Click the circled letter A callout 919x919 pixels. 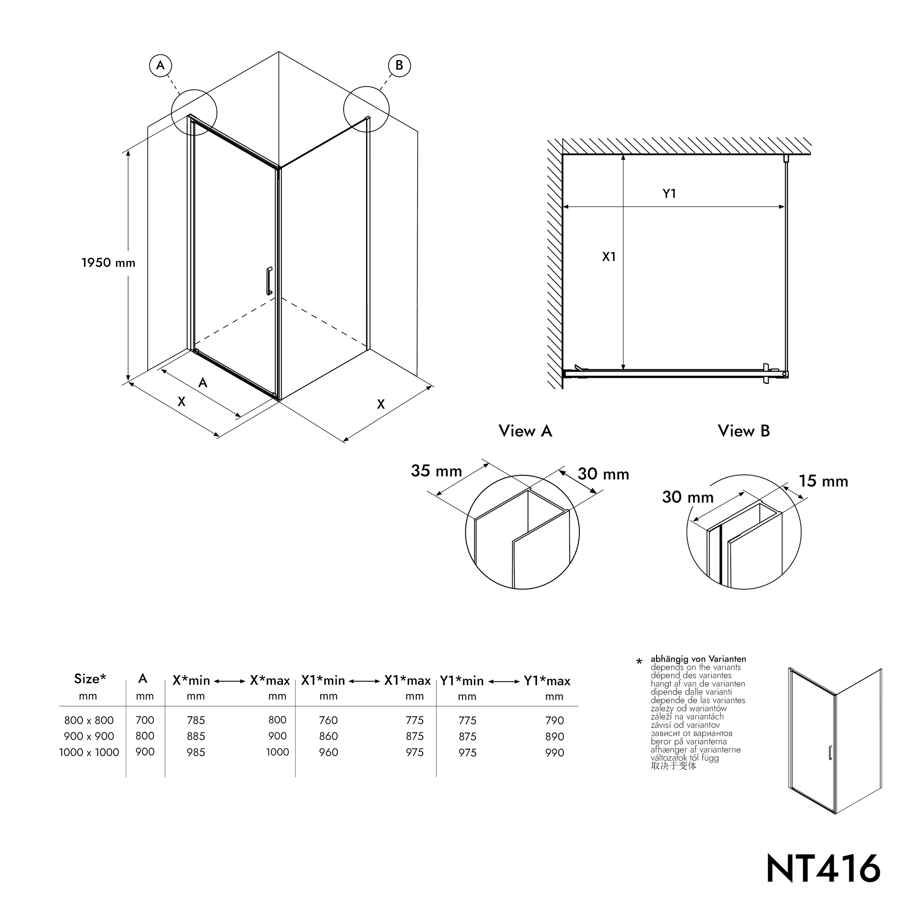160,65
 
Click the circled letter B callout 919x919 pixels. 399,65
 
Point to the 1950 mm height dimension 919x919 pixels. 108,262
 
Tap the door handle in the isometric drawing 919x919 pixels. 269,281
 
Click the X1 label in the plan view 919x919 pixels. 609,257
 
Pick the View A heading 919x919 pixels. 525,431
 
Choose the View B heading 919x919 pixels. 744,431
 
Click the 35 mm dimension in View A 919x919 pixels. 436,471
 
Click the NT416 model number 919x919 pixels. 823,869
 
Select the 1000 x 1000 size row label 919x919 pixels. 89,752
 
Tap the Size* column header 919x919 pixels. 90,679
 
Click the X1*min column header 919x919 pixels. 323,681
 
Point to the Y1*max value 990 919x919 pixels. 555,752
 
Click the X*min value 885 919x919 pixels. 196,736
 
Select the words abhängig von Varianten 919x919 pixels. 698,659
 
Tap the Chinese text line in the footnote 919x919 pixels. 673,766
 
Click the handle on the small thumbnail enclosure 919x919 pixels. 830,752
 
